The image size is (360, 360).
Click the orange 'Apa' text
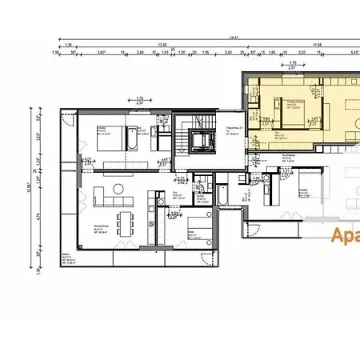tap(345, 235)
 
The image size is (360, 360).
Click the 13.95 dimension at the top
tap(162, 45)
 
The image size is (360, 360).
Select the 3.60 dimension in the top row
tap(102, 53)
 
